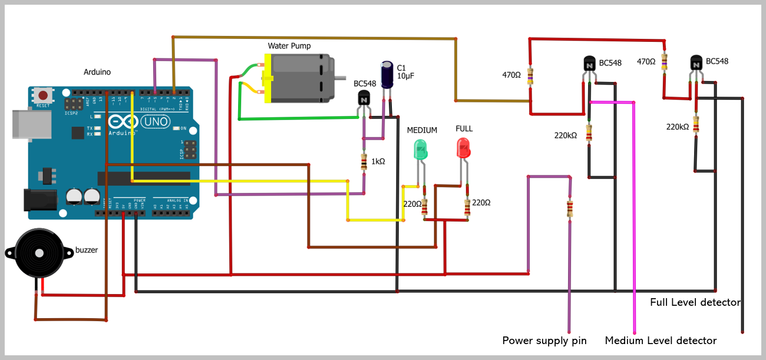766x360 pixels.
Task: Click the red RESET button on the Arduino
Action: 42,95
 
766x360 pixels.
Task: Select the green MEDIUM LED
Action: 420,148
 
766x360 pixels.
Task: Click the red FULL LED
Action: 463,147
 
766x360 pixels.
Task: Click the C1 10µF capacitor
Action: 387,75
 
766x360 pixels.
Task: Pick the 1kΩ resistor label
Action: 378,161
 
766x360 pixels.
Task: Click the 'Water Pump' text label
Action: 289,45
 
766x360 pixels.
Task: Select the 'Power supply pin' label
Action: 544,341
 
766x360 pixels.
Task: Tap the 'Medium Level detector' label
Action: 661,341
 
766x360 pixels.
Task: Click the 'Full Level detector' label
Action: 695,302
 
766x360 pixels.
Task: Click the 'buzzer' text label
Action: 87,250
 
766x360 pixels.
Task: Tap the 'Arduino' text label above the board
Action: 97,72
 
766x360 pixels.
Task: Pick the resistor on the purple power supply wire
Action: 569,209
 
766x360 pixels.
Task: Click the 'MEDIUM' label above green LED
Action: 422,130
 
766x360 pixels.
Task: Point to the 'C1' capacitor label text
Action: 401,67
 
